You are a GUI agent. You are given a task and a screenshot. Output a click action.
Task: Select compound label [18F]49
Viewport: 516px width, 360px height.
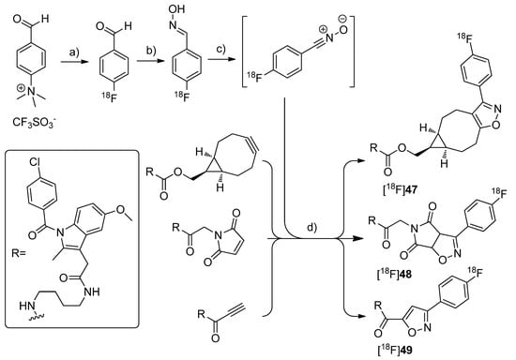pos(406,347)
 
